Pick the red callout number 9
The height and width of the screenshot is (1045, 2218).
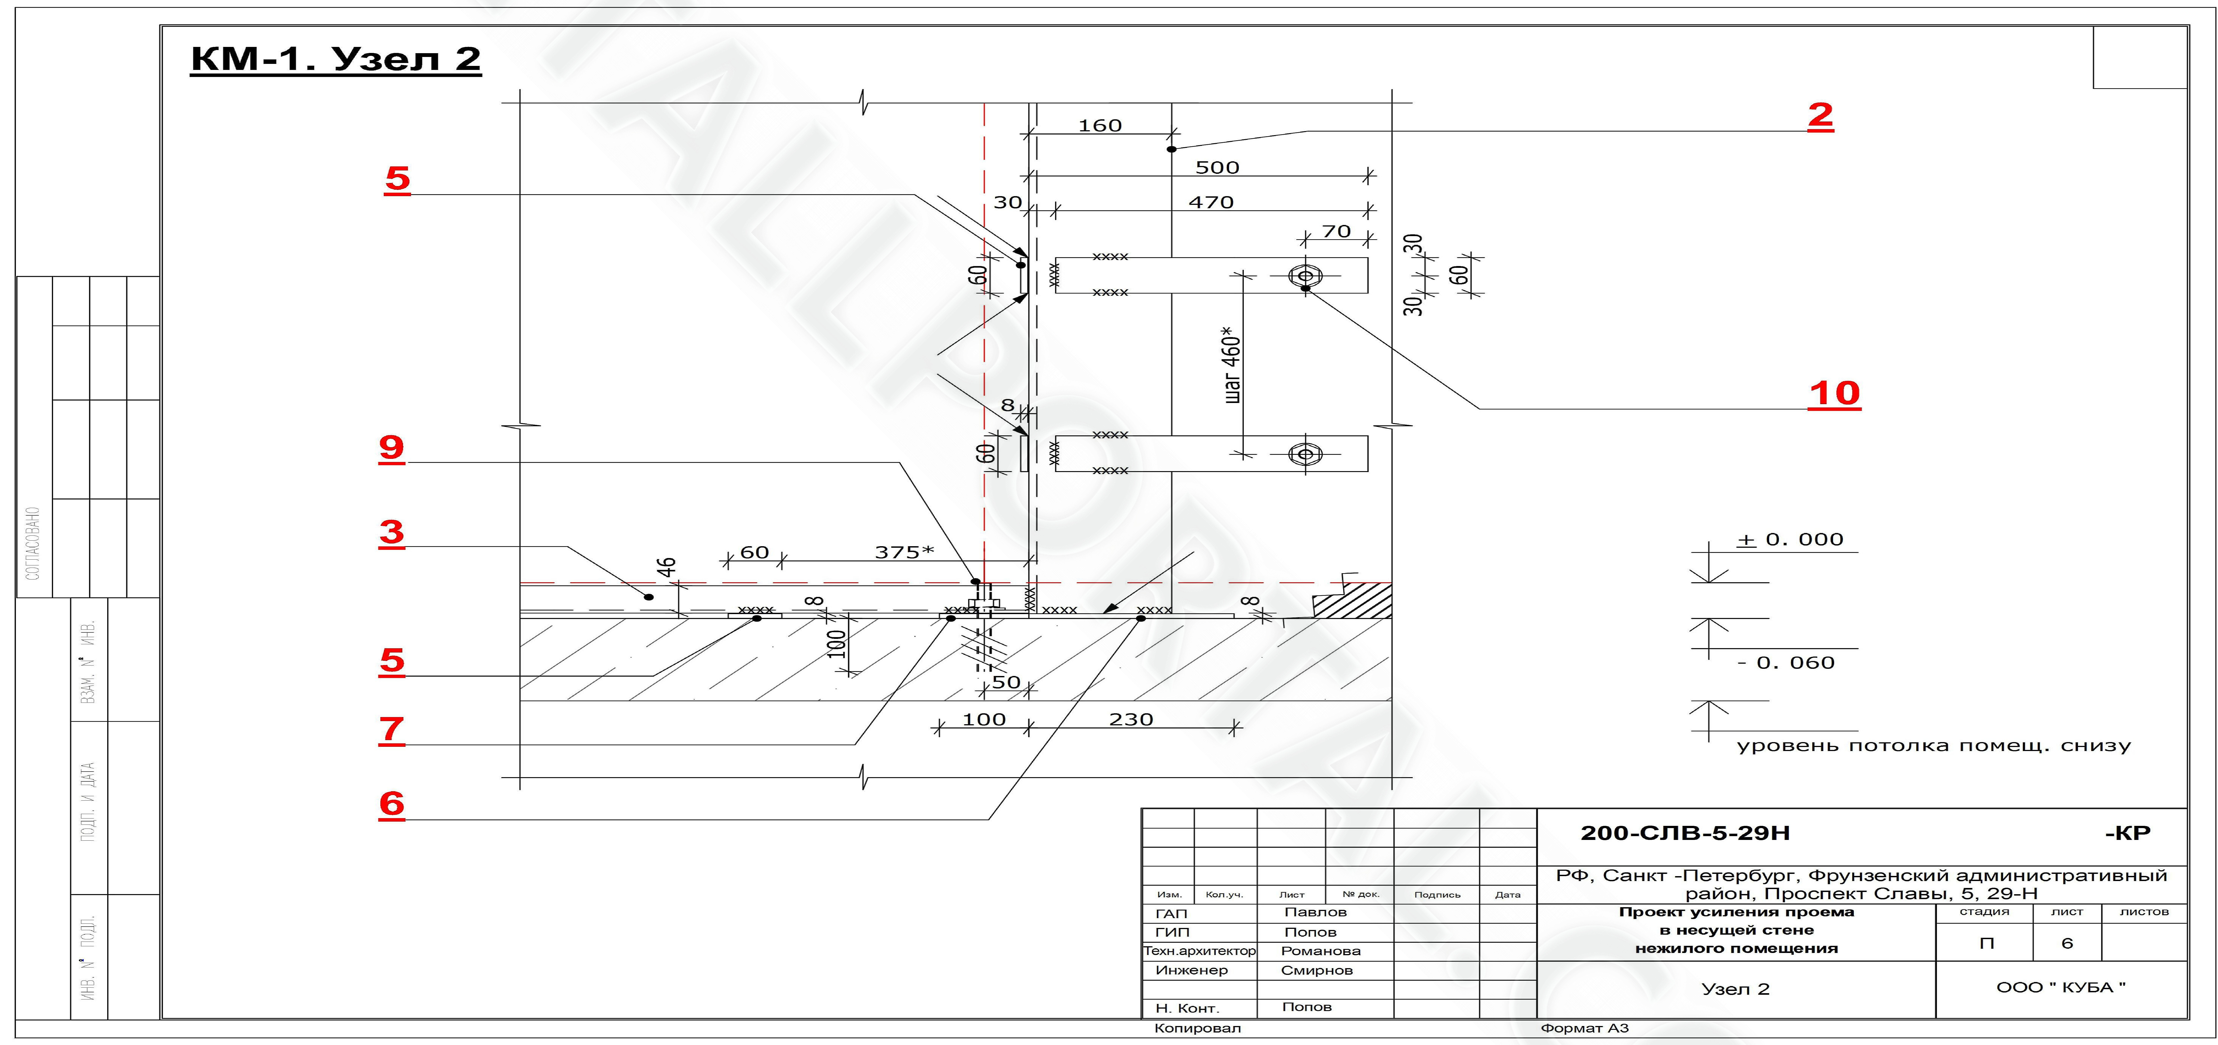[392, 448]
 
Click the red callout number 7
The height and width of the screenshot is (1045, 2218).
[392, 729]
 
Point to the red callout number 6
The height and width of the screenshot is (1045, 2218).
[392, 804]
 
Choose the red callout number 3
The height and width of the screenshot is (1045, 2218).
[392, 532]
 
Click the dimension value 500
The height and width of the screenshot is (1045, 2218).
[1217, 168]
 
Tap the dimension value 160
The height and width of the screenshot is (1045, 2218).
[1100, 126]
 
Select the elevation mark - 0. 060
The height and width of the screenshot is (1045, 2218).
[1787, 663]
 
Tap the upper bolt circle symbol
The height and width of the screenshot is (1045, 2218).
[1305, 275]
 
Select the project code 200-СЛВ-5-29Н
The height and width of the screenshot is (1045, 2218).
[1685, 833]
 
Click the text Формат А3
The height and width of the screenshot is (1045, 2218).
[1584, 1028]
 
